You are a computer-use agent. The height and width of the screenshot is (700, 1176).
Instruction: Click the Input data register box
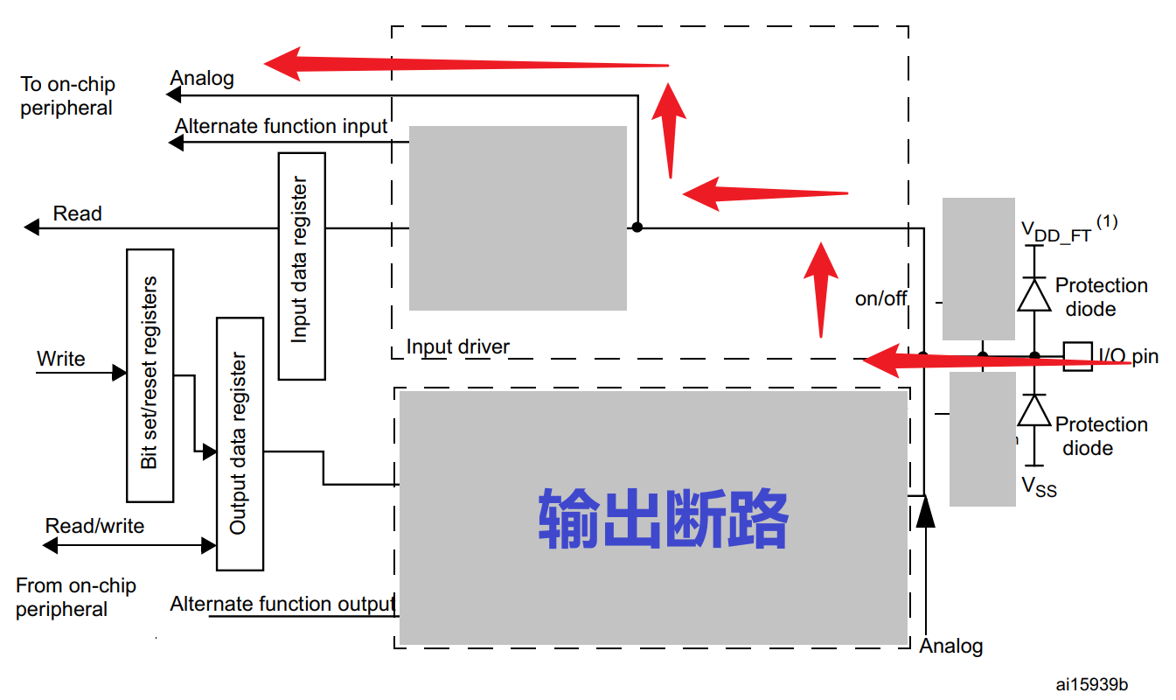(x=302, y=266)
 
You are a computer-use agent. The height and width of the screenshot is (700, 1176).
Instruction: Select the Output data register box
(x=240, y=444)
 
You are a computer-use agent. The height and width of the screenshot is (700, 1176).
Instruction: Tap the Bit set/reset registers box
(x=150, y=375)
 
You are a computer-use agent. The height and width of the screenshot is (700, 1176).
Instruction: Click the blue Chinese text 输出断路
(x=664, y=518)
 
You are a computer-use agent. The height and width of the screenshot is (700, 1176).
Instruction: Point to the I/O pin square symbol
(x=1077, y=356)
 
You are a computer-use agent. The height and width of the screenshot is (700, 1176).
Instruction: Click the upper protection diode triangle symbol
(x=1034, y=295)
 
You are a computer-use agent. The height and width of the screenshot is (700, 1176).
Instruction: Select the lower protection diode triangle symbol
(x=1034, y=410)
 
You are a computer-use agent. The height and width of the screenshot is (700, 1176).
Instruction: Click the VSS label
(x=1040, y=486)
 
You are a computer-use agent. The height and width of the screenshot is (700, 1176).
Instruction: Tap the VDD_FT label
(x=1057, y=232)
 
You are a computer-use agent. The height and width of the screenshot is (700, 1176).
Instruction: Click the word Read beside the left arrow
(x=77, y=213)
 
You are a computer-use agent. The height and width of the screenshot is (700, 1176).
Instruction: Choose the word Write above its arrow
(x=60, y=359)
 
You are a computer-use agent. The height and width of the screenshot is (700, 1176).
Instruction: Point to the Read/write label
(x=94, y=526)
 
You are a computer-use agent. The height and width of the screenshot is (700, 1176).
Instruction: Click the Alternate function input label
(x=280, y=126)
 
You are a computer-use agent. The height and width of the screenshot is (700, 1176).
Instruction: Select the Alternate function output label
(x=282, y=604)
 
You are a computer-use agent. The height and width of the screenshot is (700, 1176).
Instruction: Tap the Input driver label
(x=457, y=346)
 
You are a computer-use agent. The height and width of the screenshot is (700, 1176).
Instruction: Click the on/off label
(x=880, y=298)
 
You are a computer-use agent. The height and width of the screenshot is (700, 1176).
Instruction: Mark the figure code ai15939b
(x=1091, y=683)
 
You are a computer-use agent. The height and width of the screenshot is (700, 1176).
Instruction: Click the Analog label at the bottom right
(x=951, y=646)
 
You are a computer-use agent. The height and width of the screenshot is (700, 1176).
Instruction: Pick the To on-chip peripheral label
(x=67, y=96)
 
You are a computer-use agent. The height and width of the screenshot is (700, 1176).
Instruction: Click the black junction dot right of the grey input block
(x=637, y=227)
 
